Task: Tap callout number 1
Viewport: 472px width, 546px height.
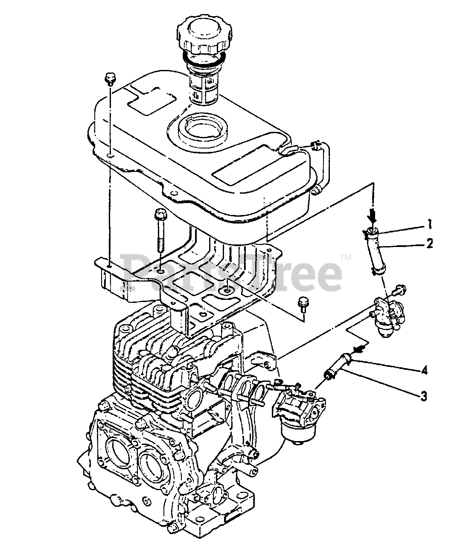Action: pos(429,223)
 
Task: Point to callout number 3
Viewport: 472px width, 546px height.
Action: pos(423,396)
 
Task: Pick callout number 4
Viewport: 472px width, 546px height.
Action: pos(423,370)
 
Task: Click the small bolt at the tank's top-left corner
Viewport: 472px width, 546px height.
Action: pos(110,79)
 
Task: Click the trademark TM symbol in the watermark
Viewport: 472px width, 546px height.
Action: pos(346,257)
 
